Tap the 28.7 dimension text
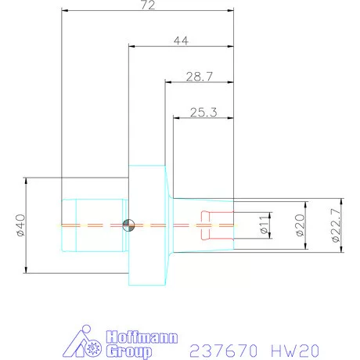[200, 77]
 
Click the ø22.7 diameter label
[335, 227]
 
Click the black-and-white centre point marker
[128, 226]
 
